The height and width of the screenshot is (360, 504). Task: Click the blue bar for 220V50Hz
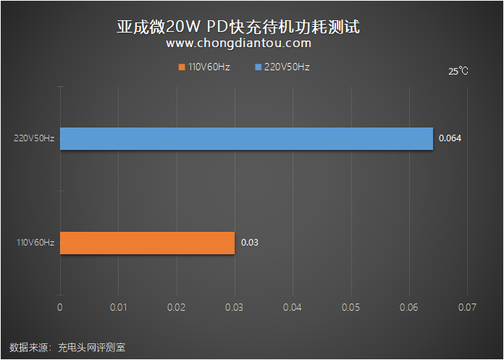pos(246,138)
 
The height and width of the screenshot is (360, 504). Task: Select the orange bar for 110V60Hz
pos(147,243)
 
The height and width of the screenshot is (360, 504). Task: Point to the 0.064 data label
pos(450,138)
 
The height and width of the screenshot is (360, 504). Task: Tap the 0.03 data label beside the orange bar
pos(249,243)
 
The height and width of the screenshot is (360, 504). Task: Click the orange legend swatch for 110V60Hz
pos(181,67)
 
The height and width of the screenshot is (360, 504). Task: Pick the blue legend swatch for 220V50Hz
pos(258,67)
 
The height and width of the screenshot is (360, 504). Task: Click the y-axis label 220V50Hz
pos(34,138)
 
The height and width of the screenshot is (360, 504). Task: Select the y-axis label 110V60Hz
pos(34,243)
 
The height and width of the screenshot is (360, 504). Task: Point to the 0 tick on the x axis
pos(60,307)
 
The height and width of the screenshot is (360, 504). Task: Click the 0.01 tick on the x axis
pos(118,307)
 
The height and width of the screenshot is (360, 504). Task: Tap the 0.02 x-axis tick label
pos(176,307)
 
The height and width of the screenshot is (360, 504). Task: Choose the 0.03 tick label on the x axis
pos(235,307)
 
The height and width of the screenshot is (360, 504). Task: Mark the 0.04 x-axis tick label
pos(293,307)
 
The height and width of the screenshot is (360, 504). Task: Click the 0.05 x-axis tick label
pos(351,307)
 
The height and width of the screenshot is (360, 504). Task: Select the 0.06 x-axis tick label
pos(409,307)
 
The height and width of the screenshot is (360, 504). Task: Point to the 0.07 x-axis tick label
pos(467,307)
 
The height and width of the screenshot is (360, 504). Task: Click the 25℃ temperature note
pos(458,71)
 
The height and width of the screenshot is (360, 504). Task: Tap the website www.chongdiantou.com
pos(238,43)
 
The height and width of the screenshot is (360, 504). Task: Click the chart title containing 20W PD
pos(238,27)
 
